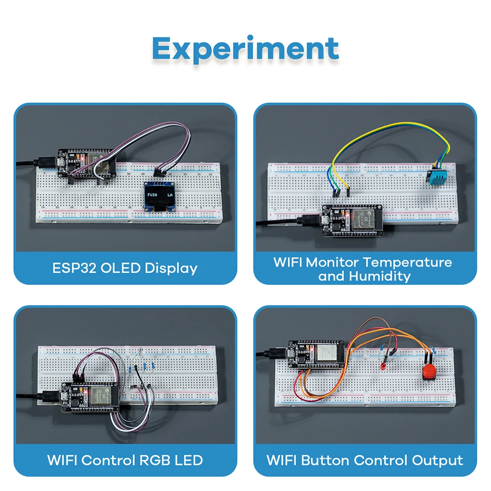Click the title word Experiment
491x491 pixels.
[245, 49]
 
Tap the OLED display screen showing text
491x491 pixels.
[159, 196]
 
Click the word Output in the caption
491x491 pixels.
[437, 461]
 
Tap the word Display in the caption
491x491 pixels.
[171, 268]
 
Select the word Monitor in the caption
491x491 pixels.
[333, 262]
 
